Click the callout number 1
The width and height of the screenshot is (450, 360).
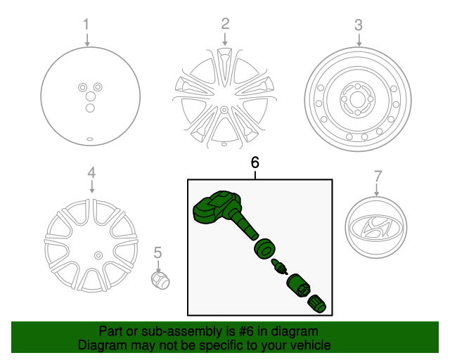pyautogui.click(x=86, y=24)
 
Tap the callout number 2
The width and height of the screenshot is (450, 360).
pyautogui.click(x=225, y=23)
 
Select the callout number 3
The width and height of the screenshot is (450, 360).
pyautogui.click(x=359, y=25)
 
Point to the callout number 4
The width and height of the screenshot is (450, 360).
pyautogui.click(x=91, y=173)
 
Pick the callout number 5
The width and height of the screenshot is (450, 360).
pyautogui.click(x=157, y=252)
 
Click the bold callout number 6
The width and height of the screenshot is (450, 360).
pyautogui.click(x=255, y=162)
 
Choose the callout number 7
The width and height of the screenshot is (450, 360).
pyautogui.click(x=378, y=176)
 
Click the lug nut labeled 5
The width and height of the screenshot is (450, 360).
pyautogui.click(x=160, y=280)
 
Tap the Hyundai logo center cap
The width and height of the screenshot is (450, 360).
pyautogui.click(x=376, y=227)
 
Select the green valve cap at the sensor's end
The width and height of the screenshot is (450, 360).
pyautogui.click(x=317, y=304)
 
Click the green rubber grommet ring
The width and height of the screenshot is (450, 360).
pyautogui.click(x=264, y=249)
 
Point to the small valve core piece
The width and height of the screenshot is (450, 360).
pyautogui.click(x=279, y=266)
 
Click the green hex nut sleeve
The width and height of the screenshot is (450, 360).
pyautogui.click(x=298, y=285)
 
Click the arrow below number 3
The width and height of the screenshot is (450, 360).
pyautogui.click(x=359, y=40)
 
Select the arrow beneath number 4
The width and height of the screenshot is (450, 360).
pyautogui.click(x=91, y=186)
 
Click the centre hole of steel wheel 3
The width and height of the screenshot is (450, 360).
pyautogui.click(x=357, y=99)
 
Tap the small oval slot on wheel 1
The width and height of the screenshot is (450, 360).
pyautogui.click(x=90, y=139)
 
